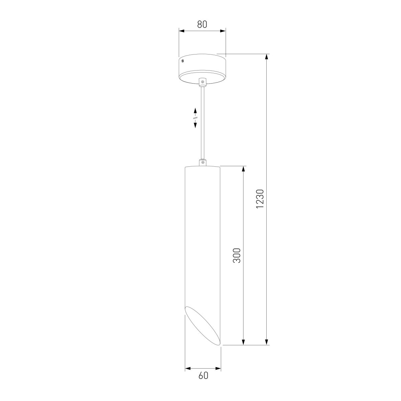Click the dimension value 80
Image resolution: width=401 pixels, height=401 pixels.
pos(202,24)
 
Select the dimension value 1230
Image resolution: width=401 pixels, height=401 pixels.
pos(260,199)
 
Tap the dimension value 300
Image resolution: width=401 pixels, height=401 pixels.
pos(237,255)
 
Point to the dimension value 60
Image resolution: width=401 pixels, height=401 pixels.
pos(203,381)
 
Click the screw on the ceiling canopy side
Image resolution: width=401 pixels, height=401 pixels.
pos(182,61)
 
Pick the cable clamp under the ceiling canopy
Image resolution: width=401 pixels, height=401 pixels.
pos(202,82)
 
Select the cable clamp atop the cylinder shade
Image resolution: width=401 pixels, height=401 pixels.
pos(202,162)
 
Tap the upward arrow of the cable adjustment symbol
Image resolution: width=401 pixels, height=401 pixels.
pos(195,112)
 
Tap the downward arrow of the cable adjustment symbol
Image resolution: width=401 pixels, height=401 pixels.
pos(195,124)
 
